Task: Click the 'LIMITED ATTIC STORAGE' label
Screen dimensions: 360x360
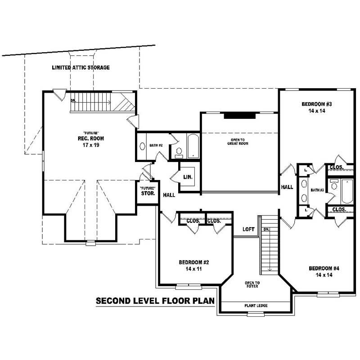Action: click(81, 67)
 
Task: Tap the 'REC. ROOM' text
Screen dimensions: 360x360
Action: click(85, 138)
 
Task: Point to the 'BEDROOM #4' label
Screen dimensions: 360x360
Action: click(324, 268)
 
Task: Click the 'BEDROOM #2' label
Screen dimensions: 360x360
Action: click(193, 262)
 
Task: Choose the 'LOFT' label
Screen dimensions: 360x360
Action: click(248, 229)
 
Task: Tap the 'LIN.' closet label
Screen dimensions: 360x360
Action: click(188, 177)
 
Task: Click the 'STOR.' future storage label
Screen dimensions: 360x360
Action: click(148, 194)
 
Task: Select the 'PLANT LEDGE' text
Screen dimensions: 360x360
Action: click(256, 306)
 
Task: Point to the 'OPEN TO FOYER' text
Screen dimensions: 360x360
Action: click(252, 284)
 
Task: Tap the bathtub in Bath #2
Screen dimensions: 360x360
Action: click(193, 146)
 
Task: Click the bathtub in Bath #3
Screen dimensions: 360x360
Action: click(347, 191)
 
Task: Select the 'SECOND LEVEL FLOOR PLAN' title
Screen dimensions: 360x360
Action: click(155, 301)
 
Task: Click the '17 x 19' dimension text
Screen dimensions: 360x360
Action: click(85, 145)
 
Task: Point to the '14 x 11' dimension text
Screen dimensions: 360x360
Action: click(193, 269)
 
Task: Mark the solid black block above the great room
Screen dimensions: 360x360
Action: click(239, 116)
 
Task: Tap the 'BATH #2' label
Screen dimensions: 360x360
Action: click(156, 145)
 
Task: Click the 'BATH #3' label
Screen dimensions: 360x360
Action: click(317, 190)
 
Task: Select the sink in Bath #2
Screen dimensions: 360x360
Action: click(142, 146)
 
